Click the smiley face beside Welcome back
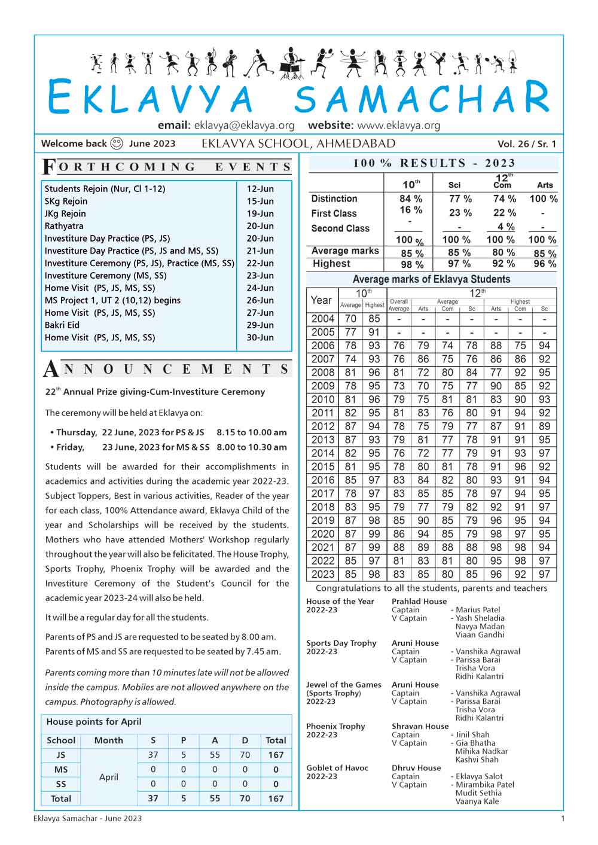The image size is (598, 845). (117, 144)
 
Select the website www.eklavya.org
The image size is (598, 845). (398, 126)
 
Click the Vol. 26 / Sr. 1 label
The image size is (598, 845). (526, 144)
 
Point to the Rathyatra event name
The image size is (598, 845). (64, 226)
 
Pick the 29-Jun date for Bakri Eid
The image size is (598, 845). (260, 325)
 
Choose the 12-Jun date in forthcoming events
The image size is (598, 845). (260, 189)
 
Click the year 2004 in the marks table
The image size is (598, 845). (323, 319)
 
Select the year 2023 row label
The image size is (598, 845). (323, 575)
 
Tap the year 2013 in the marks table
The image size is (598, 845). (323, 440)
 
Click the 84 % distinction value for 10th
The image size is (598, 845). (411, 199)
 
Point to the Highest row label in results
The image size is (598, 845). (331, 264)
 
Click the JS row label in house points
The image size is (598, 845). (60, 755)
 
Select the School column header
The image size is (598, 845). (61, 740)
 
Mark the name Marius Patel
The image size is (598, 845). (478, 610)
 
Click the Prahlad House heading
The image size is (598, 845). (419, 602)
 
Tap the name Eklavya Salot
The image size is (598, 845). (479, 776)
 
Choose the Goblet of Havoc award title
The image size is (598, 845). (337, 768)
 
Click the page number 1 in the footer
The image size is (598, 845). (562, 818)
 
